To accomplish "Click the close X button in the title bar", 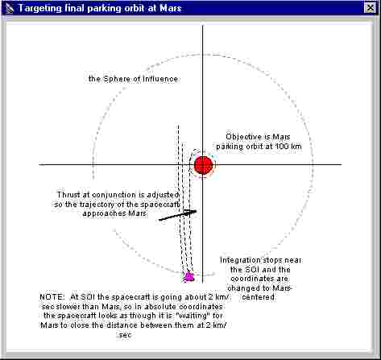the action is click(371, 8).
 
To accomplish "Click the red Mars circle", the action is click(204, 165).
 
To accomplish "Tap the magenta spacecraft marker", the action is click(189, 276).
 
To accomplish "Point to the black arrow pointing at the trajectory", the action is click(178, 215).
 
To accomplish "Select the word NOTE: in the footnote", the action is click(52, 297).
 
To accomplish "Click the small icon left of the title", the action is click(10, 8).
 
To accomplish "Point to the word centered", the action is click(259, 297).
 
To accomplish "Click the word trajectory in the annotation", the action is click(102, 205).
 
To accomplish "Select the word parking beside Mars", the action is click(230, 147).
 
